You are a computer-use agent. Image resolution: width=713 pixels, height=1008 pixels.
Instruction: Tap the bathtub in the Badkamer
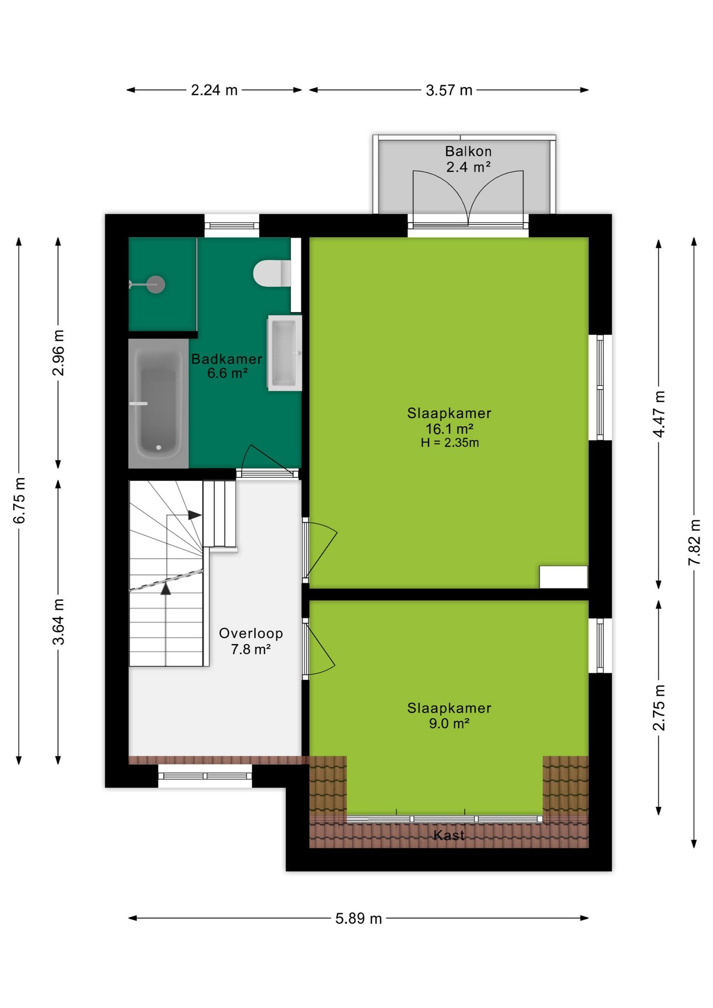click(159, 403)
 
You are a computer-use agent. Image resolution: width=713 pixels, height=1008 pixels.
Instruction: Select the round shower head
click(155, 285)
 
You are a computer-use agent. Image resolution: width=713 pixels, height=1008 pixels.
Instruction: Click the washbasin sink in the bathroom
click(285, 353)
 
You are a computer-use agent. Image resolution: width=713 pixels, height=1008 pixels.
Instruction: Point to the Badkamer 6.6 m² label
click(227, 366)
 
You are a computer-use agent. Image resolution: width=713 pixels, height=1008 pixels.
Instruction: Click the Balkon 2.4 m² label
click(468, 159)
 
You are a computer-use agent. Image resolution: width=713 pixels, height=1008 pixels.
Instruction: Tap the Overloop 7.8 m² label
click(251, 641)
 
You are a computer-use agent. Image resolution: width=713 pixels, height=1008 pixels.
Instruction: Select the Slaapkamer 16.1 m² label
click(449, 421)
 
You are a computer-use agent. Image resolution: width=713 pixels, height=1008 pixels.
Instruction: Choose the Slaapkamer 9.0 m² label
click(449, 716)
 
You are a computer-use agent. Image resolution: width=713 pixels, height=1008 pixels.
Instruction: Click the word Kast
click(449, 835)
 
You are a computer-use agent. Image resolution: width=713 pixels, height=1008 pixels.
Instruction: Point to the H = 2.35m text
click(450, 443)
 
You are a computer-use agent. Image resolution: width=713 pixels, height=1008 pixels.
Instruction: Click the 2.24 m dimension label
click(214, 90)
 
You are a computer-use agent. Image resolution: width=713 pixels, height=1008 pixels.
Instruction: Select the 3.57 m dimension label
click(449, 90)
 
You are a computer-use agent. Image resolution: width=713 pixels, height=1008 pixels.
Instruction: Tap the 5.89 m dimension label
click(359, 918)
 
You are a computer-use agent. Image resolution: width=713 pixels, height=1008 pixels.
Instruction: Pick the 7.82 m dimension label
click(694, 542)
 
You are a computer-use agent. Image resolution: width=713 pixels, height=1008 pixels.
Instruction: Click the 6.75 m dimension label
click(19, 500)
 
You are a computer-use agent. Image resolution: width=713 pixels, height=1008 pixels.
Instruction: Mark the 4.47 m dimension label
click(659, 414)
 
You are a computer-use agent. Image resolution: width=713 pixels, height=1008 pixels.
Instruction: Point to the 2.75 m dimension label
click(659, 708)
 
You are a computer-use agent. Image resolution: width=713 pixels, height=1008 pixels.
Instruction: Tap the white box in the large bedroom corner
click(563, 577)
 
